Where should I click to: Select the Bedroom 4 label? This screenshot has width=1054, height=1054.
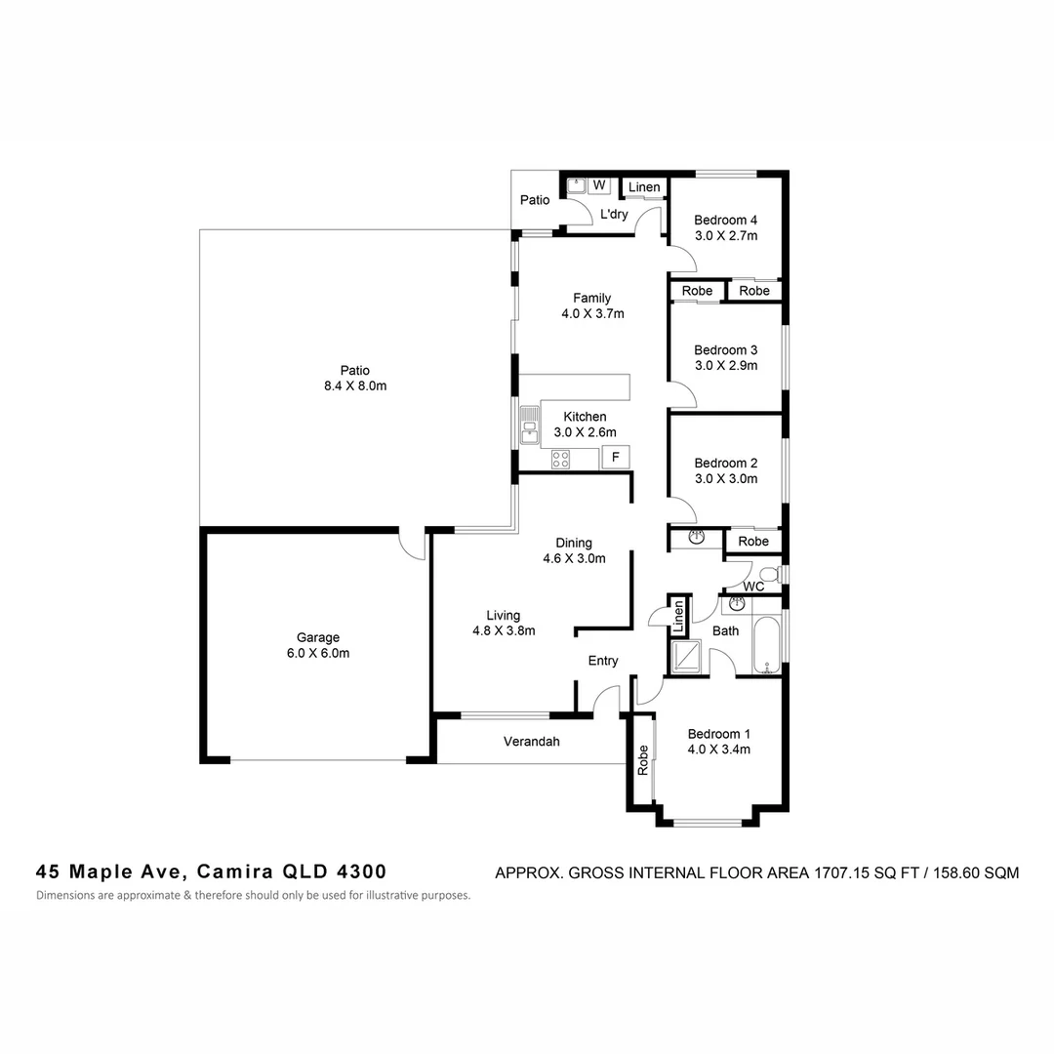725,220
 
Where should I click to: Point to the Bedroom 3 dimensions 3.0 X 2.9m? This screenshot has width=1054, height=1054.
725,366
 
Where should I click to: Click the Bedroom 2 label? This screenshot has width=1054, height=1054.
725,463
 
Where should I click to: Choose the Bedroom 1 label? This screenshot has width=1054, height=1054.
718,734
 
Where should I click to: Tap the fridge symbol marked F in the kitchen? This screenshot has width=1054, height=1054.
615,457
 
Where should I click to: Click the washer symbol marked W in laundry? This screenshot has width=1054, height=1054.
598,184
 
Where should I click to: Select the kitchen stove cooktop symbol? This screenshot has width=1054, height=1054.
560,459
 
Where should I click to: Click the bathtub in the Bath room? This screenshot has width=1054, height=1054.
767,645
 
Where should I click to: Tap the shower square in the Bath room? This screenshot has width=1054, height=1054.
688,656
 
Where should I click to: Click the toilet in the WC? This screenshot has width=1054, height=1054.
769,573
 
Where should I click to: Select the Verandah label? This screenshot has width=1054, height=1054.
531,742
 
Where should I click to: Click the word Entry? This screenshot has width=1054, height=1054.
602,661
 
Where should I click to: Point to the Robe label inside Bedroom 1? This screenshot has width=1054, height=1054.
643,760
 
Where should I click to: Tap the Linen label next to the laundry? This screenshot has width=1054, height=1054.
643,187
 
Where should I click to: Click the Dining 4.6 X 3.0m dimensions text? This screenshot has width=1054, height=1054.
574,559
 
